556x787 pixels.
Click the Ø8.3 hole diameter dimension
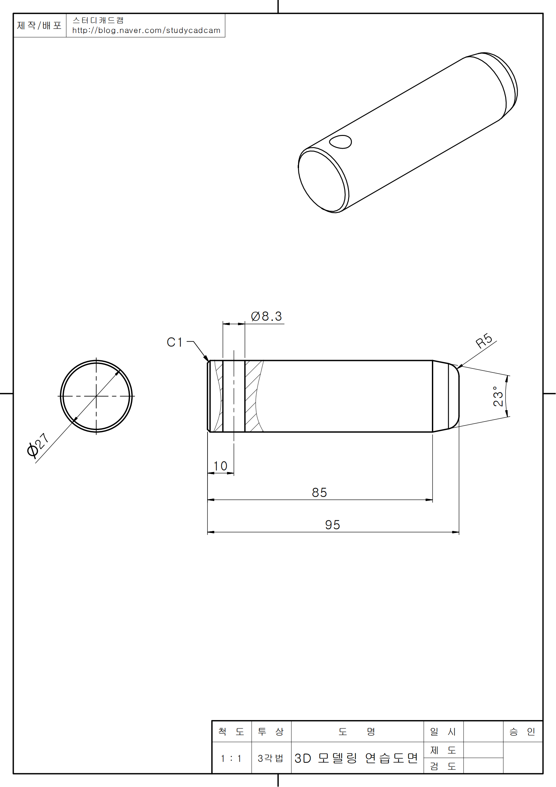266,316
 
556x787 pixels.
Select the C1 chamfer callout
174,342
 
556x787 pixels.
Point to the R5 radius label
484,341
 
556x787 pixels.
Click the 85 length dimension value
319,493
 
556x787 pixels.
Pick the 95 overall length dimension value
332,525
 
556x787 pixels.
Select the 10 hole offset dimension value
220,466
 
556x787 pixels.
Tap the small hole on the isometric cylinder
340,142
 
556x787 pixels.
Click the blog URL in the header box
146,31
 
